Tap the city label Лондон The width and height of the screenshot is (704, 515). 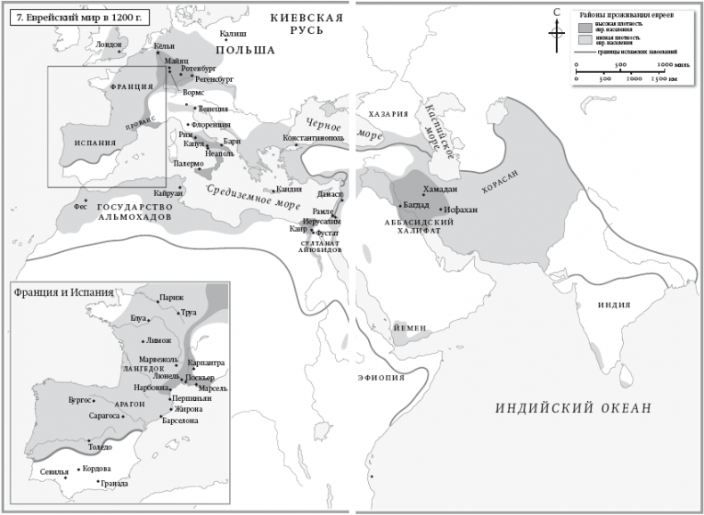(x=108, y=44)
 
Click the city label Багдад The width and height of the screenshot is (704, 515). (x=416, y=206)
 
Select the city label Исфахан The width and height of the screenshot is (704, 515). (x=472, y=210)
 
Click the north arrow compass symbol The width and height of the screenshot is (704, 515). (x=556, y=31)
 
